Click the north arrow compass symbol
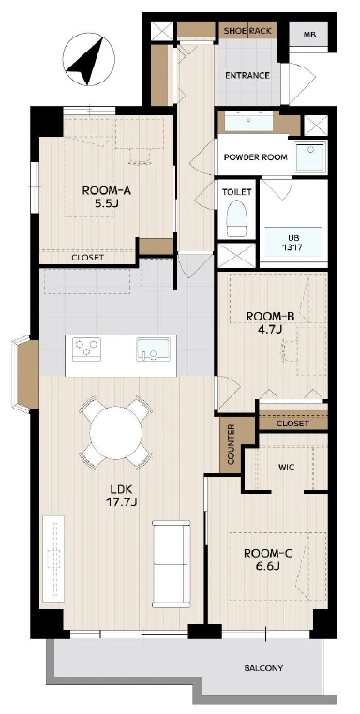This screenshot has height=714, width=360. [89, 62]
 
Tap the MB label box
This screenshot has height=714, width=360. [310, 35]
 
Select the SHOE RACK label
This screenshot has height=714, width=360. [247, 31]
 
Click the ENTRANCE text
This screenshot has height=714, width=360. [247, 75]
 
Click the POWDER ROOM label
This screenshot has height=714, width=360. [256, 157]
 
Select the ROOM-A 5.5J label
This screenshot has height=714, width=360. [107, 197]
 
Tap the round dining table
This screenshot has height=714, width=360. [116, 433]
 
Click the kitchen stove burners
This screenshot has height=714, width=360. [86, 350]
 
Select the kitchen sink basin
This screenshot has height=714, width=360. [153, 350]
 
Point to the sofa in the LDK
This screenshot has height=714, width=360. [172, 563]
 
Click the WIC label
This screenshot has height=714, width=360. [286, 468]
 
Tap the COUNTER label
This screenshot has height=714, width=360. [231, 444]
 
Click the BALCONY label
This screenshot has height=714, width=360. [263, 668]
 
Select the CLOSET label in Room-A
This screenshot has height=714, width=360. [88, 258]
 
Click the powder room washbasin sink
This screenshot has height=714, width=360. [248, 122]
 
